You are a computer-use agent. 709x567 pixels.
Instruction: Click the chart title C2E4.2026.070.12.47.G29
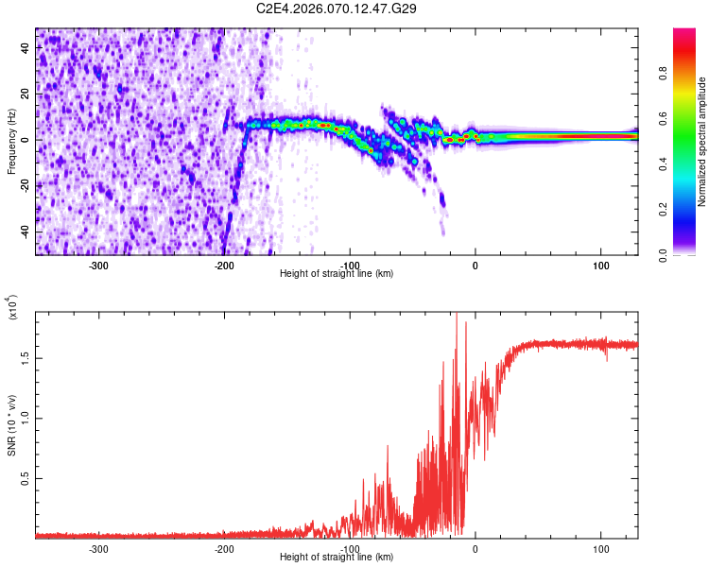[337, 9]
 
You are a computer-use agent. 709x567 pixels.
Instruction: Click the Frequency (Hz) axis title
[10, 141]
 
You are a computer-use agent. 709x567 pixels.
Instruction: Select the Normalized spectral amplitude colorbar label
[702, 142]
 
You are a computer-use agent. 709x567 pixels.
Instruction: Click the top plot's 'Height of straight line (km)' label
[337, 273]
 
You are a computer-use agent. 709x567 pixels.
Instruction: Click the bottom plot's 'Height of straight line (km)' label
[337, 557]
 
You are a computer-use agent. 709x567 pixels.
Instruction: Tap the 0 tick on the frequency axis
[26, 140]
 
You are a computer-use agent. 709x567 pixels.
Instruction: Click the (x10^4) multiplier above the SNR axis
[13, 308]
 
